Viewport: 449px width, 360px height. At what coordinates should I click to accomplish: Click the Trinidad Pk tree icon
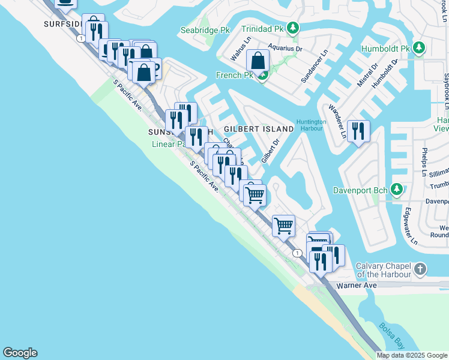click(x=292, y=28)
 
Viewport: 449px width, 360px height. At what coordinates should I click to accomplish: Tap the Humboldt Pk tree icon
click(x=419, y=48)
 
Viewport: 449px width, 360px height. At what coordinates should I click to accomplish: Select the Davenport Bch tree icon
click(x=396, y=190)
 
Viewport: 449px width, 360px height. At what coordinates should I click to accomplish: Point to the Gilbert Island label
click(x=259, y=129)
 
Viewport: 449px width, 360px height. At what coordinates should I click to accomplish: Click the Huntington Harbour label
click(x=311, y=125)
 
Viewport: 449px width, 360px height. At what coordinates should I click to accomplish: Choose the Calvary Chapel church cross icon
click(x=420, y=268)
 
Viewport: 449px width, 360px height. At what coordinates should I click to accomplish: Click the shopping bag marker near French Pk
click(x=258, y=61)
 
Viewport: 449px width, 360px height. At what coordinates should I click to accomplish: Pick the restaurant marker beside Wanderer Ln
click(x=358, y=131)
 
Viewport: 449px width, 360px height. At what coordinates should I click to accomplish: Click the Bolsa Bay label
click(x=390, y=335)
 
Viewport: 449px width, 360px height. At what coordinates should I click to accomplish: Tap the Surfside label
click(x=62, y=24)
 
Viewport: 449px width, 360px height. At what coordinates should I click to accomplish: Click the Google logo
click(x=20, y=353)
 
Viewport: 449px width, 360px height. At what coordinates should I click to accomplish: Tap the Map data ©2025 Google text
click(x=412, y=355)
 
